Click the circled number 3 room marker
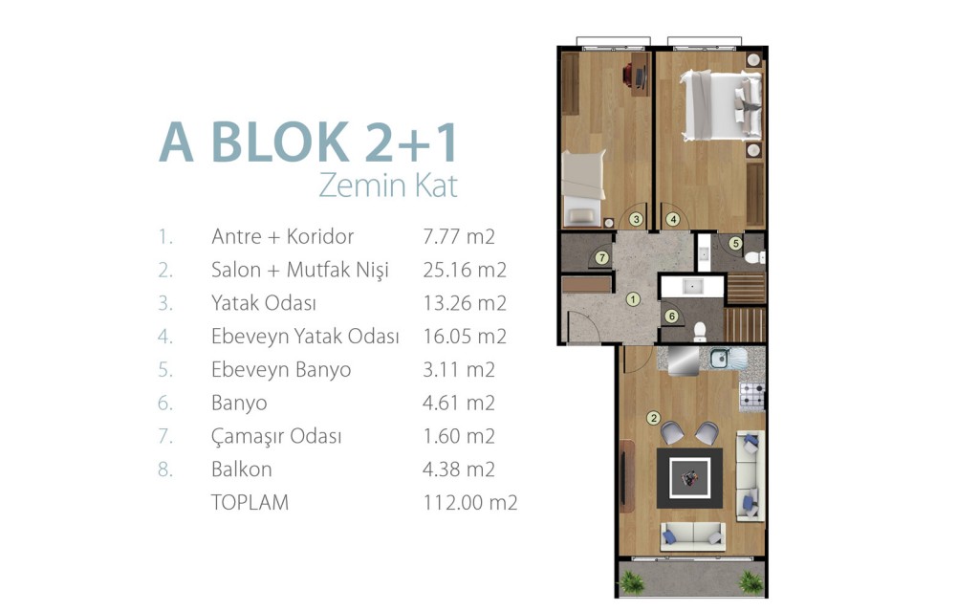pos(636,219)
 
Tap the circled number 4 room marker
pos(672,219)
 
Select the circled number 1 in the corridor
pos(633,299)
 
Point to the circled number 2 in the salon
pos(654,418)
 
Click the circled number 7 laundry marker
pos(602,257)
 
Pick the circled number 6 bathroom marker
pos(672,317)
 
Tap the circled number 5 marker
pos(735,244)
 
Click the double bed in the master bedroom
pos(721,105)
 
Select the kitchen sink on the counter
pos(720,358)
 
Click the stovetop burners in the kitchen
pos(752,395)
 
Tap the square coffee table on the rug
pos(690,478)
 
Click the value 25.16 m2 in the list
pos(465,270)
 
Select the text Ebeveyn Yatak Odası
pos(305,337)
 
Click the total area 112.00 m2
pos(470,502)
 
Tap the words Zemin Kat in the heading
pos(388,186)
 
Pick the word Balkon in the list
pos(241,469)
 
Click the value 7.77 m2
pos(459,237)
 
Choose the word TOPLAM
pos(250,502)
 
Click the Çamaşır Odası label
pos(276,436)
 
